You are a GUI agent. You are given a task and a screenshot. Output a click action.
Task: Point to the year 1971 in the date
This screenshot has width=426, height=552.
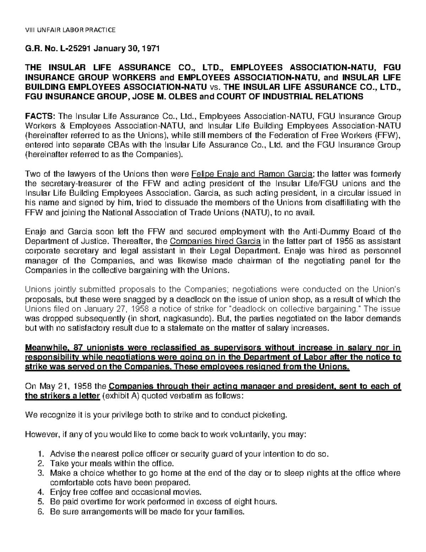point(152,49)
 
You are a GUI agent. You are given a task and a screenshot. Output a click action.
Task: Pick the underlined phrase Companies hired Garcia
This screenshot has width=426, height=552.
point(215,242)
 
